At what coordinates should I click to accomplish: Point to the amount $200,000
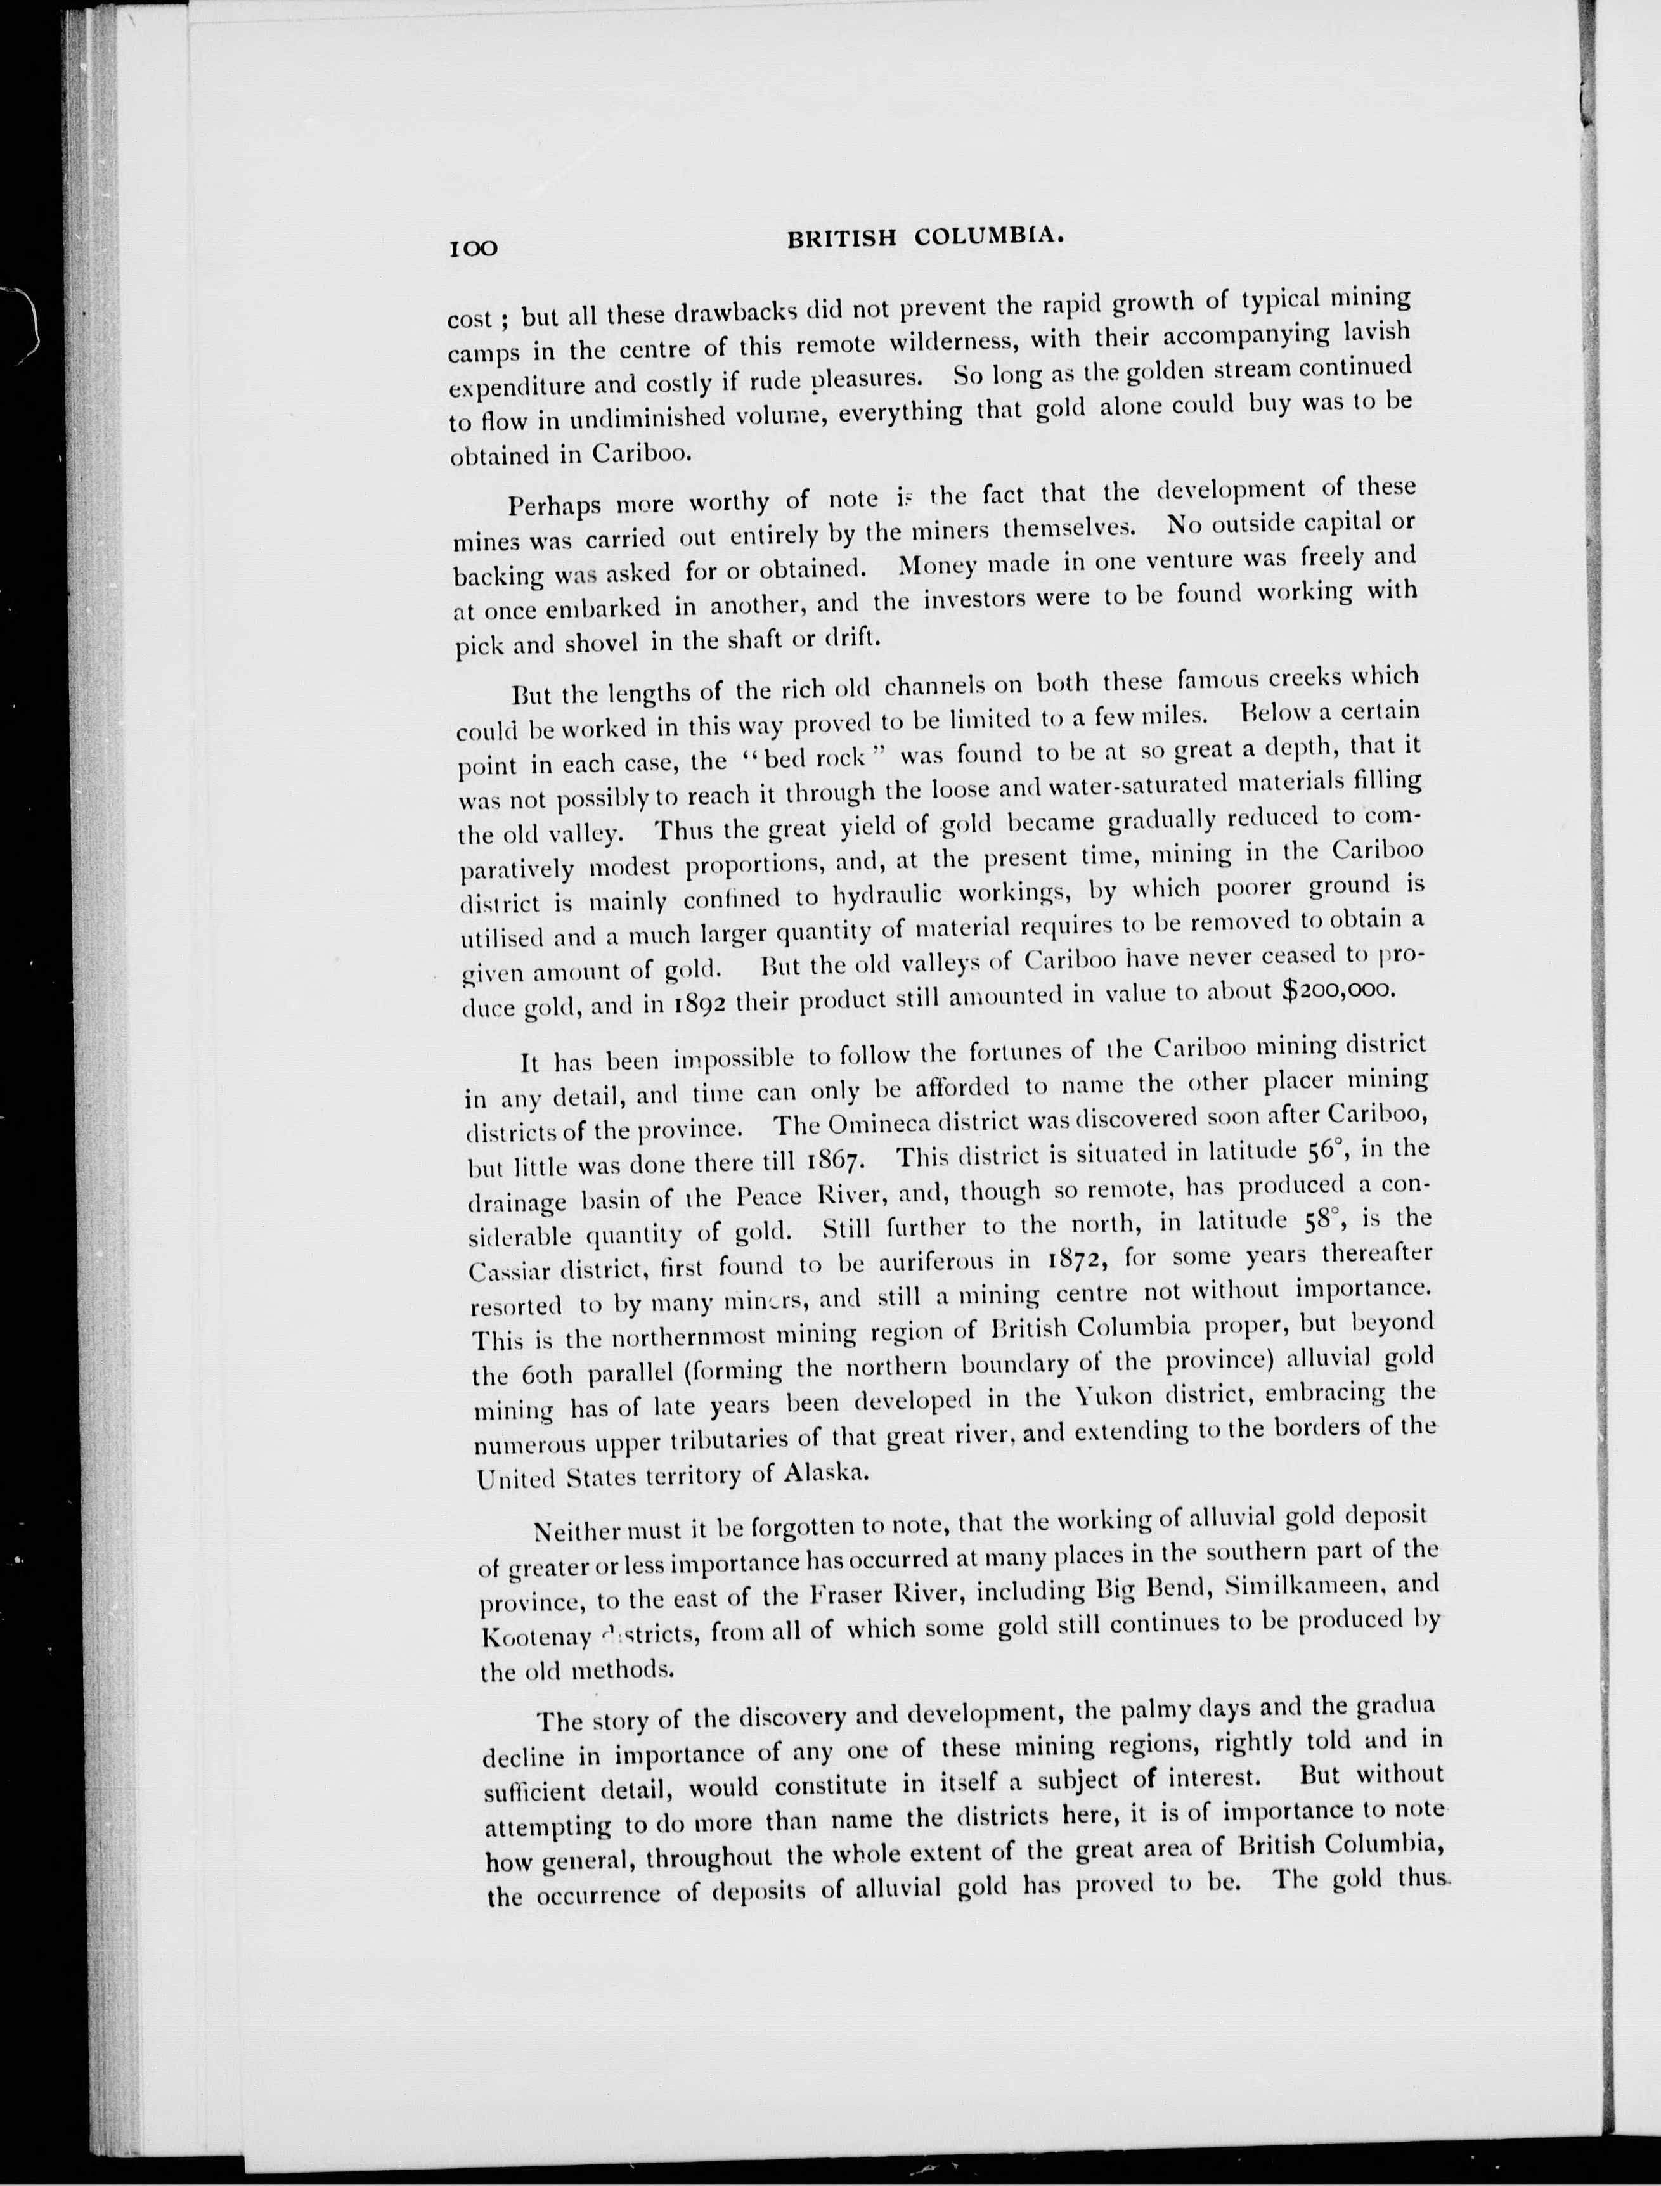pos(1338,991)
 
